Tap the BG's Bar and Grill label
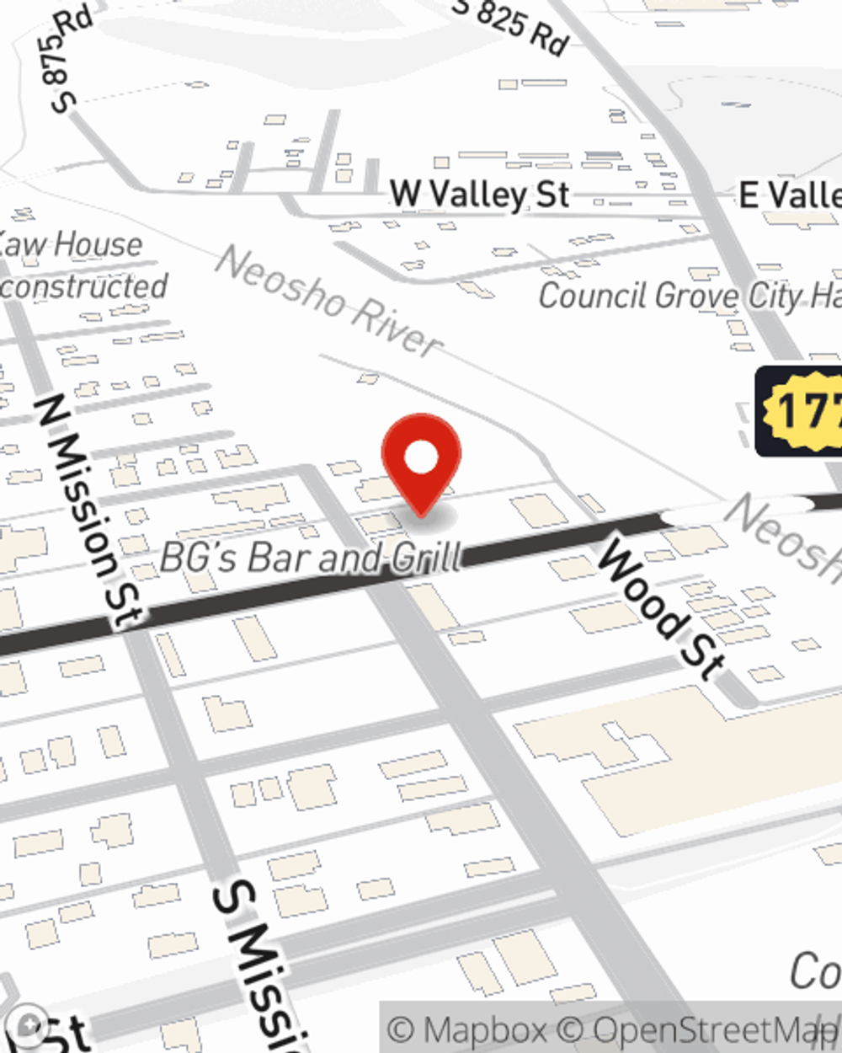[x=311, y=557]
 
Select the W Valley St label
[x=479, y=195]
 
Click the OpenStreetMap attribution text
[x=716, y=1030]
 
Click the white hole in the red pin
[x=421, y=457]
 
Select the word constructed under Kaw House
[x=84, y=286]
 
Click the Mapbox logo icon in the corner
[x=29, y=1026]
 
